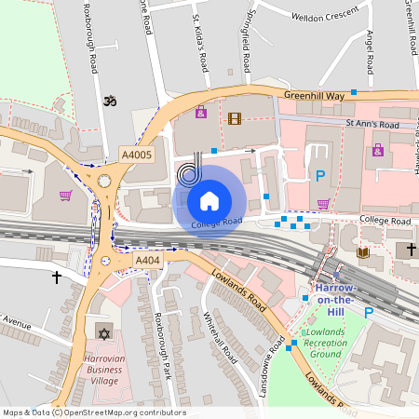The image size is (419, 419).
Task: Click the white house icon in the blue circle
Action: [x=209, y=200]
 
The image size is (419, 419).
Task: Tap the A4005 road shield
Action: [x=137, y=155]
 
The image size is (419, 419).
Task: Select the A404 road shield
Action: [x=148, y=261]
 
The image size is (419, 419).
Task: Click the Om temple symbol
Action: [x=109, y=100]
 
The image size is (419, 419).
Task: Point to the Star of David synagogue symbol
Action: [x=102, y=332]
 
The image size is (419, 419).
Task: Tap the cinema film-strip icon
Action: [x=234, y=118]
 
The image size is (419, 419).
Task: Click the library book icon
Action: [x=363, y=252]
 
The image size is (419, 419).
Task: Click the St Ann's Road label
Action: [x=372, y=124]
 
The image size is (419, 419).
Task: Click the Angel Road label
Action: [x=370, y=52]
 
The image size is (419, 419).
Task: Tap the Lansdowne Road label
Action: [x=271, y=365]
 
